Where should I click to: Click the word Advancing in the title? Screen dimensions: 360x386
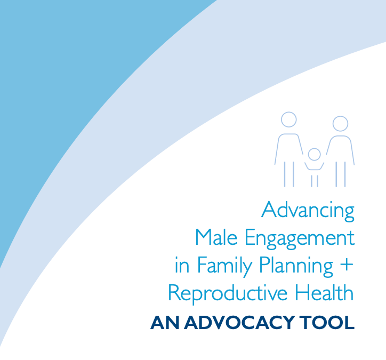click(308, 210)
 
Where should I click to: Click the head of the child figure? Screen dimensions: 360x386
click(315, 155)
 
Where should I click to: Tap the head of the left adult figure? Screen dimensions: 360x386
click(288, 119)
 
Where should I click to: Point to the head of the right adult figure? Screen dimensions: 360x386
click(340, 124)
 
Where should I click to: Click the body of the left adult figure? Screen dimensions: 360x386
click(288, 147)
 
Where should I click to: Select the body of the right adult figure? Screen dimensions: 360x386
click(340, 149)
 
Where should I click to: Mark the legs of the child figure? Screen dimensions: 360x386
click(315, 180)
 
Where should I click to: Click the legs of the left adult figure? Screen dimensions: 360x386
click(288, 173)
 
